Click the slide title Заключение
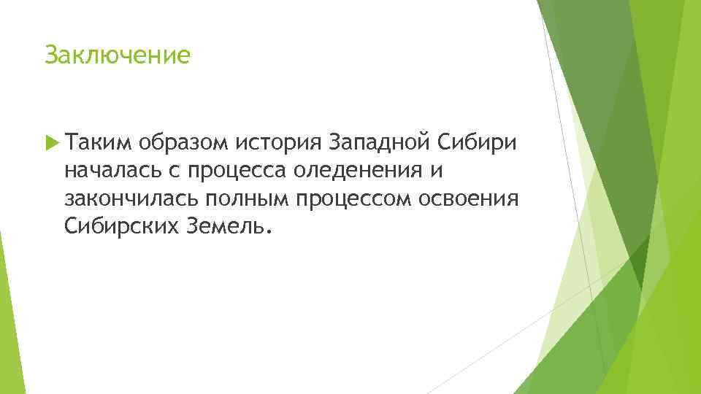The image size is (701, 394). [x=117, y=55]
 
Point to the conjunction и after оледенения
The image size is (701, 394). [x=437, y=171]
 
